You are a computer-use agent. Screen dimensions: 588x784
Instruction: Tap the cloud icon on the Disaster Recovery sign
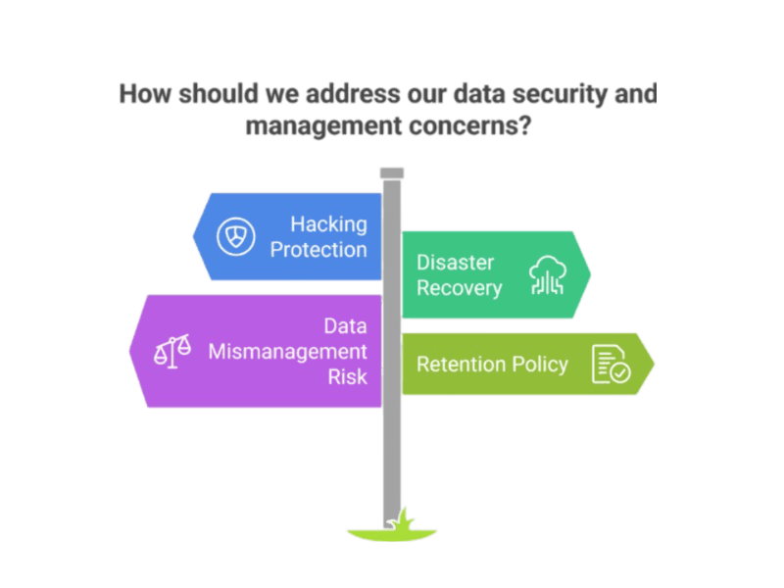(548, 274)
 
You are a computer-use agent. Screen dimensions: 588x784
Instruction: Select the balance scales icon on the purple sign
(173, 351)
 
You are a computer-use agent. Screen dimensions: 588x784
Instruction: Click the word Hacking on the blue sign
(328, 224)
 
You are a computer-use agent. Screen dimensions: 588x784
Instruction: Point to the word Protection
(318, 249)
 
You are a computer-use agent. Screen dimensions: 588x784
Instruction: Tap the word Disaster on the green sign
(456, 263)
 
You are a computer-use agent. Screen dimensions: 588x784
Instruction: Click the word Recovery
(460, 288)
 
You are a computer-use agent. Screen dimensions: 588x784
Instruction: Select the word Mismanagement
(288, 351)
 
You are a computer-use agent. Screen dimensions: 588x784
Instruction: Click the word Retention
(459, 365)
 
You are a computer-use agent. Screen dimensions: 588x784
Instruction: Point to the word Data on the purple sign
(346, 326)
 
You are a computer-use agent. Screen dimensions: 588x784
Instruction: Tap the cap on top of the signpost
(392, 174)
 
